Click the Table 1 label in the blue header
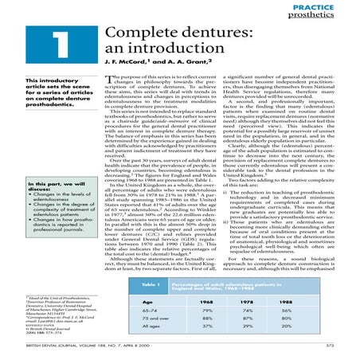pyautogui.click(x=154, y=284)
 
